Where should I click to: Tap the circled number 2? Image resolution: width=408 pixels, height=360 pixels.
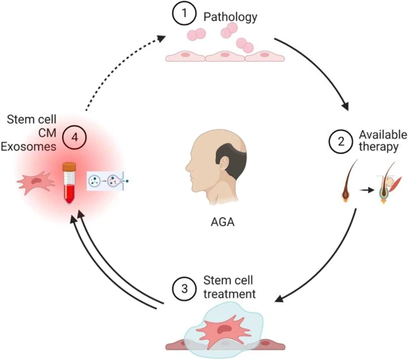point(341,142)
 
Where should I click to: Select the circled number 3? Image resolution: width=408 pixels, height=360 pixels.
point(185,289)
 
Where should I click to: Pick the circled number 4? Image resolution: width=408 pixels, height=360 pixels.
point(74,137)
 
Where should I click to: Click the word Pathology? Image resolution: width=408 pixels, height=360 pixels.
point(231,17)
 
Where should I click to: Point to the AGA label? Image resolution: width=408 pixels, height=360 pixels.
point(223,222)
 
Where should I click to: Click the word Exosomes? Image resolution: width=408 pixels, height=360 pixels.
point(29,146)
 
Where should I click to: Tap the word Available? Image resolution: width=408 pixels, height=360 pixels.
point(383,134)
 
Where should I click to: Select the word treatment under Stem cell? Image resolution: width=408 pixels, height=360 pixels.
point(229,294)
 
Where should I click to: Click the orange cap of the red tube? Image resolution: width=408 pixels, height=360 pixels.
point(69,167)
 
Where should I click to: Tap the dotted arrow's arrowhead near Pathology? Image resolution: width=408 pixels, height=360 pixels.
point(161,39)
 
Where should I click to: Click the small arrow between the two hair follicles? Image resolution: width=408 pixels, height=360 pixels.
point(367,190)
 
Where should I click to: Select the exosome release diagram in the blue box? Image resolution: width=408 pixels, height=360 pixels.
point(108,181)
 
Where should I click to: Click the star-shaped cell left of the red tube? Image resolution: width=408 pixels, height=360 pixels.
point(36,182)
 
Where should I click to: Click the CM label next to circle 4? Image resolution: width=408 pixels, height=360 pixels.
point(47,133)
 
